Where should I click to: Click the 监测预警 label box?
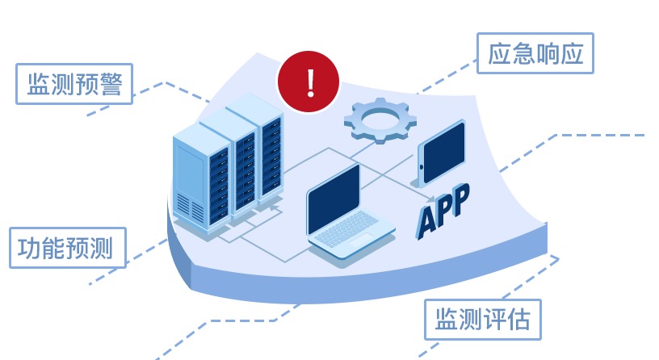pos(74,84)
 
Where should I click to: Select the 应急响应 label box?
pos(535,54)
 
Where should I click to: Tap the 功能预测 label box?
pos(67,248)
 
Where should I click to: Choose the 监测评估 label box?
pos(483,320)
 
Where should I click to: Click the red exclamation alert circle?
pos(308,81)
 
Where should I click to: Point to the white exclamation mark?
pos(308,81)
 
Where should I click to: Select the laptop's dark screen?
pos(334,199)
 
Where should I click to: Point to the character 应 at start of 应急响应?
pos(499,54)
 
